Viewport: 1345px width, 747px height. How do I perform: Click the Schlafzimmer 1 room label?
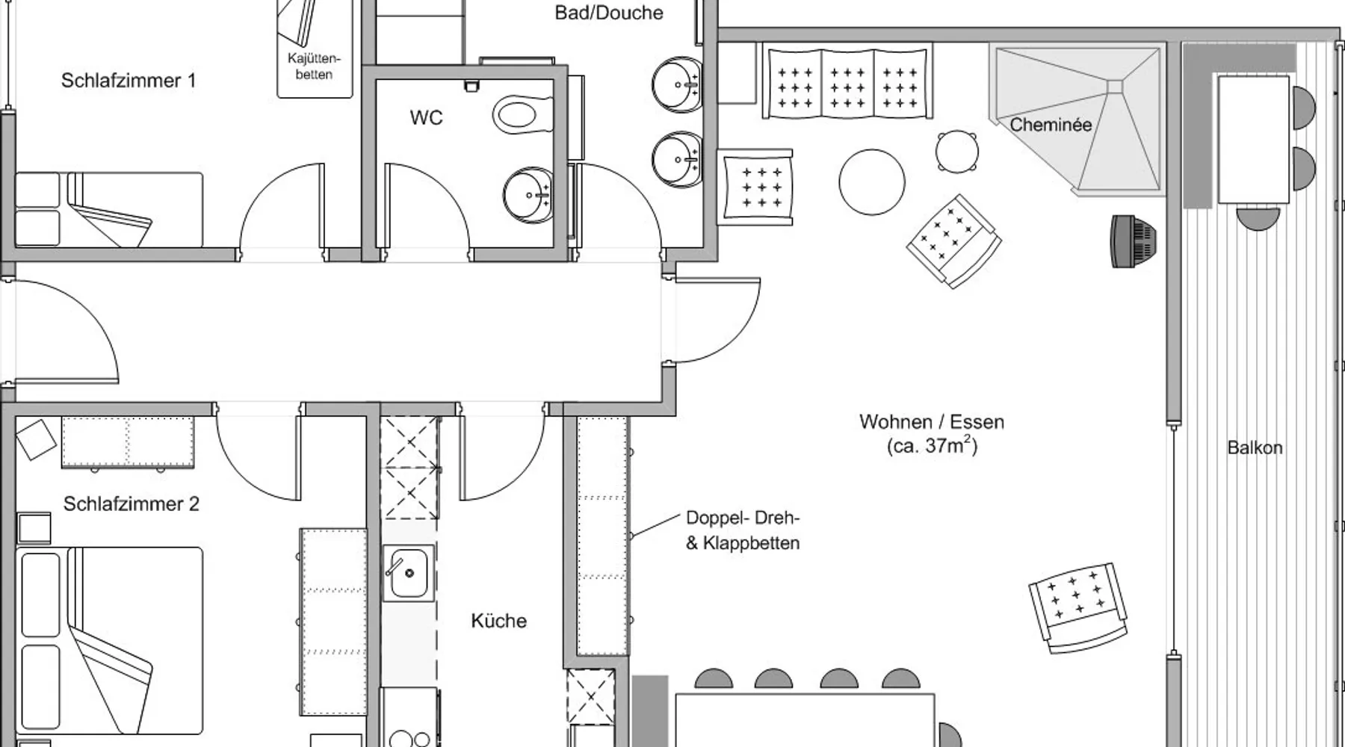(128, 81)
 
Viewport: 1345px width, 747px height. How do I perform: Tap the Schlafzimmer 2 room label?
(131, 504)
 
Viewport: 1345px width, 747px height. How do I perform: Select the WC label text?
(426, 117)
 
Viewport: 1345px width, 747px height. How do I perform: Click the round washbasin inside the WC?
(528, 195)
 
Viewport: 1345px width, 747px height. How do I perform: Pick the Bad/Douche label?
(608, 13)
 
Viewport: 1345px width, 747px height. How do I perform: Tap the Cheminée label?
(1051, 125)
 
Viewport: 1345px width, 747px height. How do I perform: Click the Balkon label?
(1255, 447)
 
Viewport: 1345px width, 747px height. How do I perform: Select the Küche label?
(498, 621)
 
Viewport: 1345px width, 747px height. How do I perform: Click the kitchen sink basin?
(408, 573)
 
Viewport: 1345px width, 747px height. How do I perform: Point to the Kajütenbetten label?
(314, 66)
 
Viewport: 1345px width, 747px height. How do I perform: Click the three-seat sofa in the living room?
(847, 81)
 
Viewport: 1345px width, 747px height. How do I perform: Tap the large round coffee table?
(871, 182)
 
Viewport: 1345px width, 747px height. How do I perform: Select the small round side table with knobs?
(957, 152)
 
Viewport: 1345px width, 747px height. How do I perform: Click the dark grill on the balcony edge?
(1132, 241)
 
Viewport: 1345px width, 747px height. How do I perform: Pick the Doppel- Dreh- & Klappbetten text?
(743, 530)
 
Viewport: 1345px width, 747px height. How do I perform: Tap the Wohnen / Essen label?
(931, 422)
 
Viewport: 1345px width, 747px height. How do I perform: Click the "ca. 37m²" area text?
(931, 446)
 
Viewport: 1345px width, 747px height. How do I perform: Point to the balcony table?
(1254, 139)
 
